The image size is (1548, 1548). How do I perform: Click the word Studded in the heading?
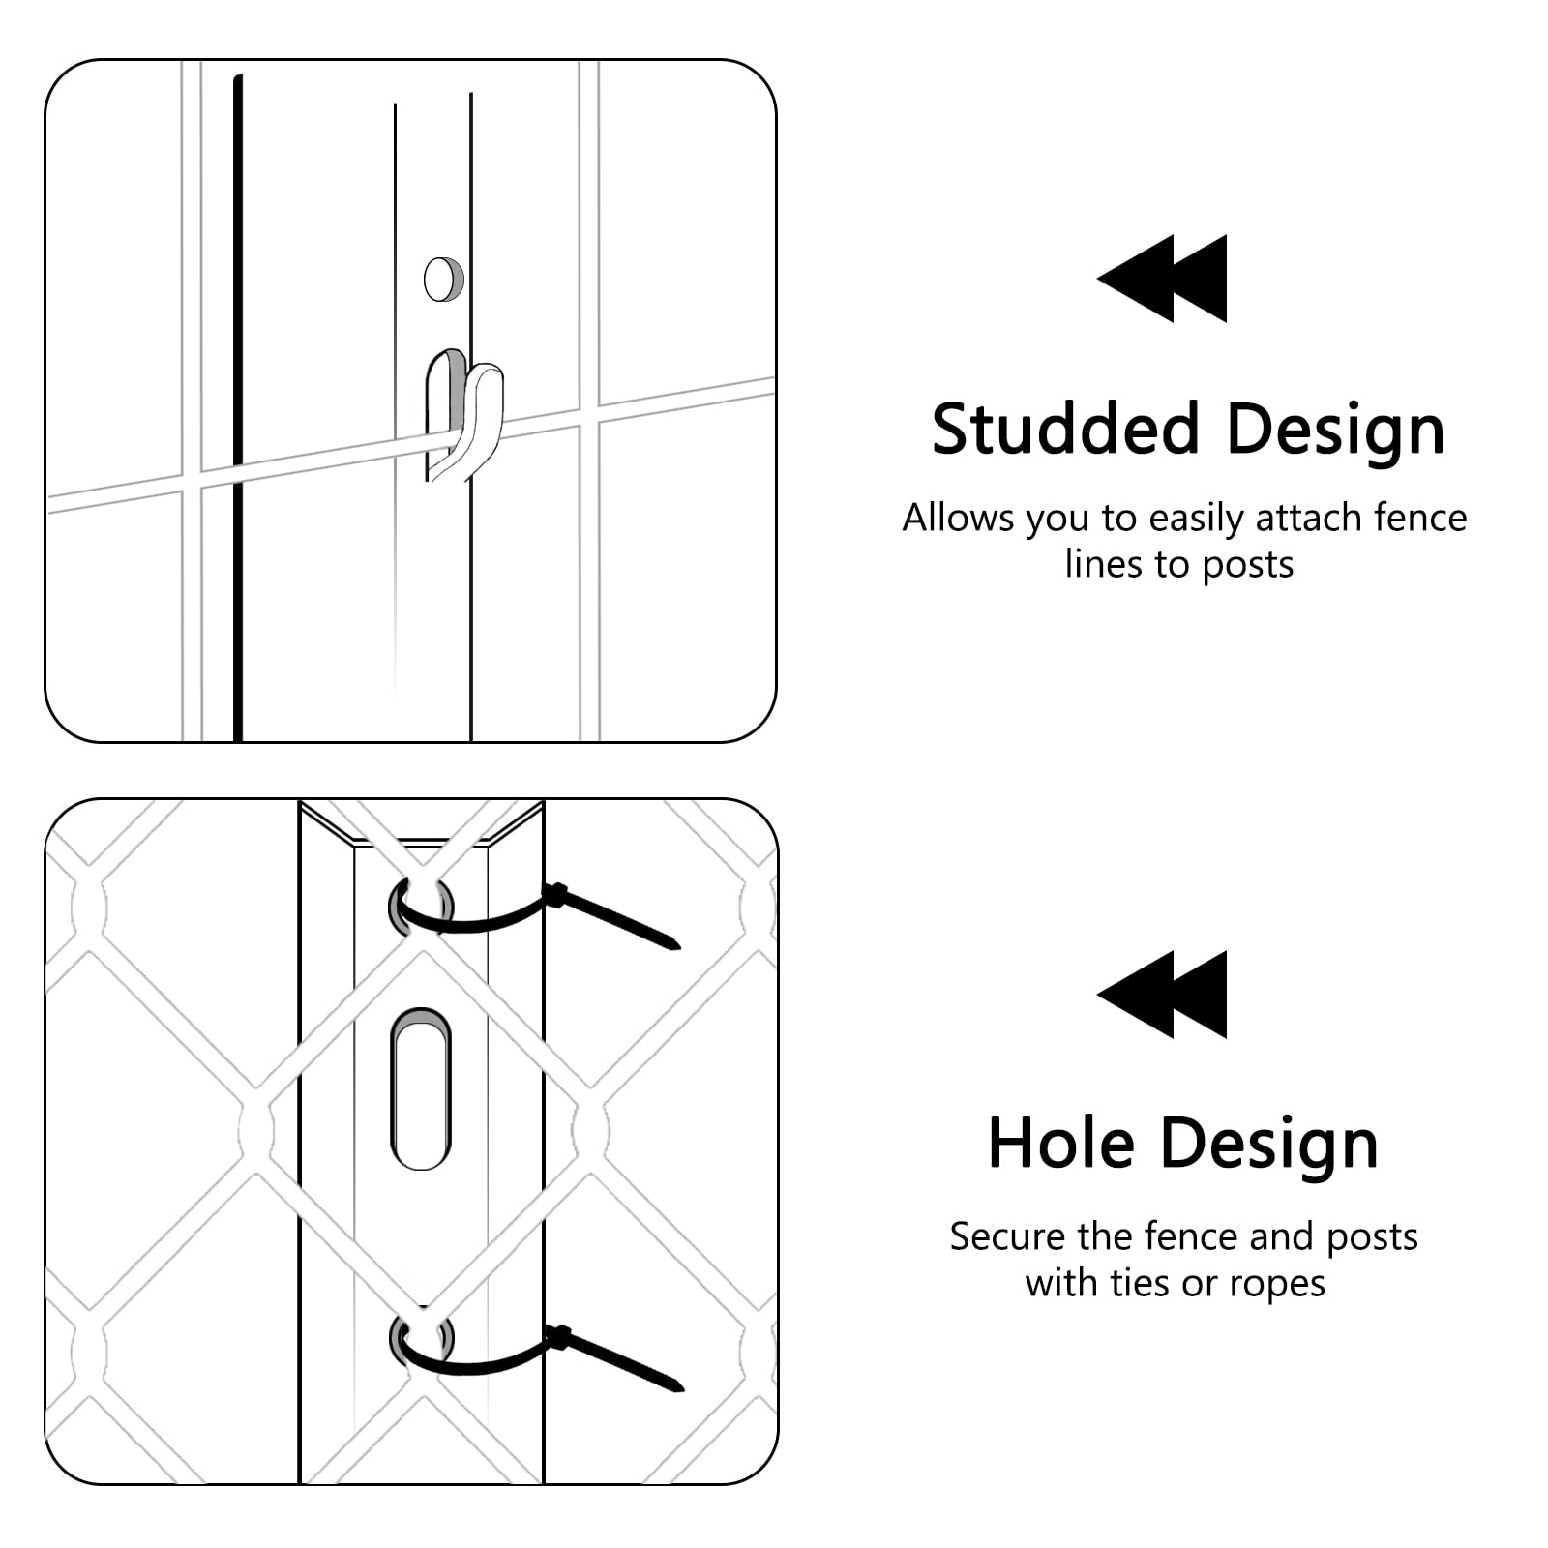(1065, 428)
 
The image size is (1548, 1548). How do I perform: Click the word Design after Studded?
(1336, 430)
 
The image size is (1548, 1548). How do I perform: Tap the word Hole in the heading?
(1060, 1144)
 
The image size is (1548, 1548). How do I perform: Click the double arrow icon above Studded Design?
(1162, 279)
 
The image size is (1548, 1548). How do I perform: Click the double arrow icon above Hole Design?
(1162, 995)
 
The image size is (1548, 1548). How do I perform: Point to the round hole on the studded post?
(444, 279)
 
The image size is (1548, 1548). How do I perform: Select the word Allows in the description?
(958, 518)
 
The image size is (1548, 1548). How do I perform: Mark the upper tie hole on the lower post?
(421, 906)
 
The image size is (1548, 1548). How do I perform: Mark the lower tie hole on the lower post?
(421, 1340)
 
